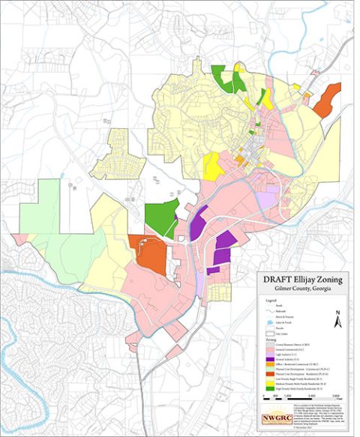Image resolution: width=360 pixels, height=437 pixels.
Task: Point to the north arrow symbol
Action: (x=339, y=318)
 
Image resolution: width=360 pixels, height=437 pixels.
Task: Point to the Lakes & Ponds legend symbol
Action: (x=265, y=320)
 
